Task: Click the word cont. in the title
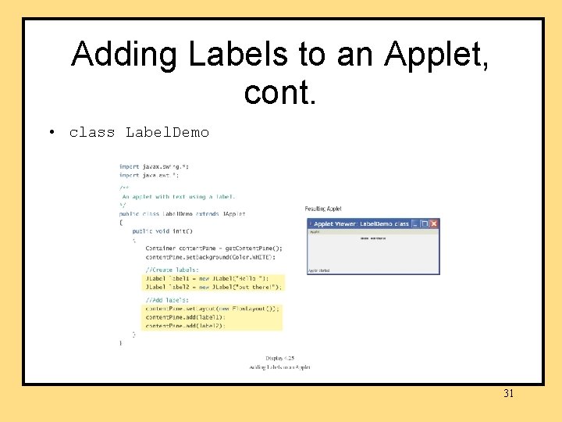tap(280, 92)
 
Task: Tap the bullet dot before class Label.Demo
tap(51, 132)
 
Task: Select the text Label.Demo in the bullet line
tap(167, 132)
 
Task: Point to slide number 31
tap(508, 393)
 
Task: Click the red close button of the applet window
tap(435, 224)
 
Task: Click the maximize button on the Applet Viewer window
tap(425, 224)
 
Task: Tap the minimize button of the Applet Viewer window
tap(415, 224)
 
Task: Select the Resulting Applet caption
tap(322, 209)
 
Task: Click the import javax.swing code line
tap(154, 166)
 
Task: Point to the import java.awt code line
tap(149, 175)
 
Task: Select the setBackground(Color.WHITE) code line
tap(210, 256)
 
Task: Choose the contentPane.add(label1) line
tap(185, 317)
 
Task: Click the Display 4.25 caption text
tap(279, 359)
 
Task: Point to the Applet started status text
tap(319, 270)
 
